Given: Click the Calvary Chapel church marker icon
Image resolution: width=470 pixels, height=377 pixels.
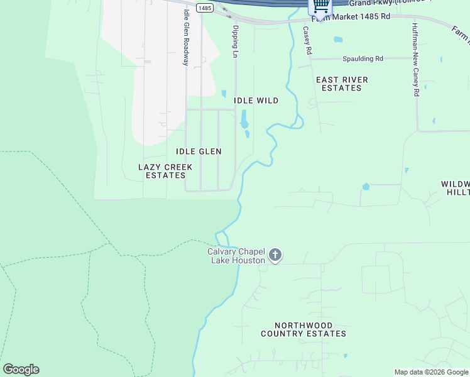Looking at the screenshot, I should [x=275, y=255].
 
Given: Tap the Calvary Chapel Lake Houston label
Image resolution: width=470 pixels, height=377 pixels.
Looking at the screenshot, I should [x=236, y=256].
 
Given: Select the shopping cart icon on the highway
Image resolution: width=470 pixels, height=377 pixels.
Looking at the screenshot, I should [x=320, y=6].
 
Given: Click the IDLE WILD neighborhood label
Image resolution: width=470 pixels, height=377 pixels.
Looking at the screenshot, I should [x=256, y=101].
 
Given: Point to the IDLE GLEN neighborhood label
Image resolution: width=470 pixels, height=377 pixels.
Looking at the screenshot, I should [x=199, y=151].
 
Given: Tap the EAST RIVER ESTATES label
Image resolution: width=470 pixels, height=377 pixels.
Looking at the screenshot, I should [x=342, y=84].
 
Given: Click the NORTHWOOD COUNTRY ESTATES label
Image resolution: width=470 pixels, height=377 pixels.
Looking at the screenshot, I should [x=303, y=329].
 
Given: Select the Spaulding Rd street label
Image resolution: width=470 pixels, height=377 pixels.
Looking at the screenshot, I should [x=363, y=58].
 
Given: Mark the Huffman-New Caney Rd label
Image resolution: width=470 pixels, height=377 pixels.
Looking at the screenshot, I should [x=415, y=60].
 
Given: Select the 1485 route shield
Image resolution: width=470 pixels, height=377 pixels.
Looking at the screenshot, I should [x=204, y=8].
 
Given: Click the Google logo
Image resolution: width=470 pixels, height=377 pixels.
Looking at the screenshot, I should [x=21, y=369].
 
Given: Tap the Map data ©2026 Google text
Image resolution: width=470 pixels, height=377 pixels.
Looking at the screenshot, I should [x=431, y=372].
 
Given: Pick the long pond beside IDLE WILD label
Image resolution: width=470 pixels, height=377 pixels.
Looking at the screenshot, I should [x=243, y=118].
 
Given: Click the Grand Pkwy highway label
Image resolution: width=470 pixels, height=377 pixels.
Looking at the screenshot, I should [x=402, y=3].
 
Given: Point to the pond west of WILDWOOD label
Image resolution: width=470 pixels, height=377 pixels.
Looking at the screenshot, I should [x=366, y=187].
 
